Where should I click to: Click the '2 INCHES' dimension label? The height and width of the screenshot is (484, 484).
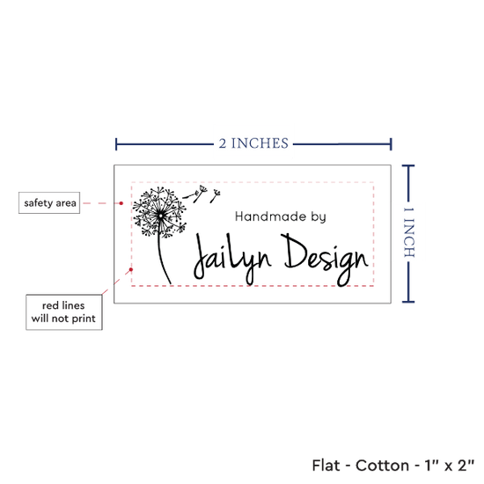coord(253,143)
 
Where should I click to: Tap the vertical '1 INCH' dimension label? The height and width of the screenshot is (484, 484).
coord(409,232)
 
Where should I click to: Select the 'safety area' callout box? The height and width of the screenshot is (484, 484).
coord(49,202)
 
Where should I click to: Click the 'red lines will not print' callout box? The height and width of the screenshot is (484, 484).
coord(64,312)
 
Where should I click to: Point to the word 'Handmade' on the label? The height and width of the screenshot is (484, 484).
coord(270,216)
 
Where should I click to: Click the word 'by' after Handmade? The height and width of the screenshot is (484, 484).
coord(319,217)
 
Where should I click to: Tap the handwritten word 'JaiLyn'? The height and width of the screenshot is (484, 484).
coord(232,260)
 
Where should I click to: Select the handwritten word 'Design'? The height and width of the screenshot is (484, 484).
coord(325,260)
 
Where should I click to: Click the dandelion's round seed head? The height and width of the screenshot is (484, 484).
coord(160,212)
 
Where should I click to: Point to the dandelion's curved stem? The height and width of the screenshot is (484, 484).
coord(161,256)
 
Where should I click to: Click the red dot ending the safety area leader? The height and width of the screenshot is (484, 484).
coord(121,203)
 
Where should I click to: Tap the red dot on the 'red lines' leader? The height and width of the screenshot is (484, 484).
coord(131,269)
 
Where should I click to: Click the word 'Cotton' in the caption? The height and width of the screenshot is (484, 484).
coord(382,466)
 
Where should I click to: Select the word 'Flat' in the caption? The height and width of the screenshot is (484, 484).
coord(326,466)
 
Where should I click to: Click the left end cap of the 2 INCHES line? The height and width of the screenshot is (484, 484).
coord(116,144)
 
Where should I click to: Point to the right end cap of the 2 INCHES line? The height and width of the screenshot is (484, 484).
coord(391,144)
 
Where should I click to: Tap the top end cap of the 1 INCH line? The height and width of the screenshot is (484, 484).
coord(408,166)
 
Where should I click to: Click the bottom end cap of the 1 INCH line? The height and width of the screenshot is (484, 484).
coord(408,302)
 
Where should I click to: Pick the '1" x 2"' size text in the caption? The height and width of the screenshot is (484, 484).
coord(449,466)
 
